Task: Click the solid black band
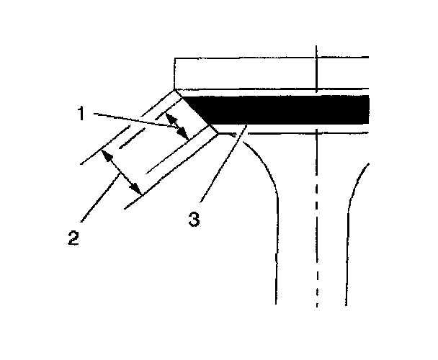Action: click(x=288, y=109)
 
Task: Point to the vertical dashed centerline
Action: click(x=316, y=216)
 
